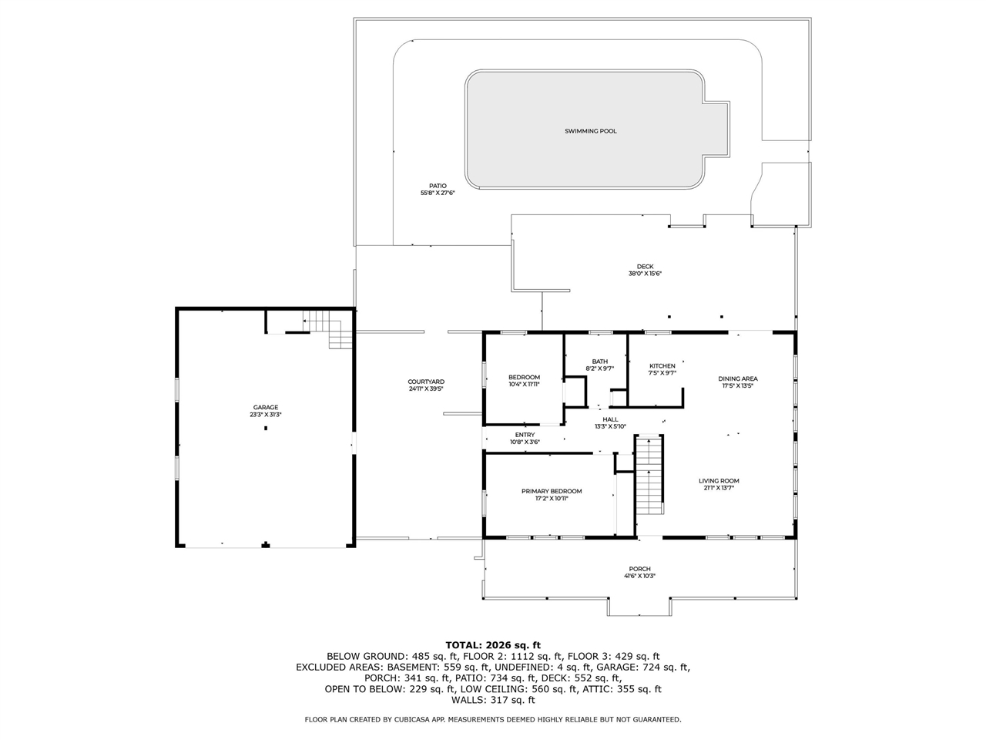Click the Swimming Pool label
(591, 131)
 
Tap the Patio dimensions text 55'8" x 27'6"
(438, 193)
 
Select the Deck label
(646, 267)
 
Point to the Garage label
(266, 407)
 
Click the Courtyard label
(426, 382)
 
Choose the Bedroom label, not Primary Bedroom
(524, 377)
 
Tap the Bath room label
(599, 362)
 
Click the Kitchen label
(662, 366)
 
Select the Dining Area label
(738, 378)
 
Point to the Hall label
(610, 419)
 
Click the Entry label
(525, 435)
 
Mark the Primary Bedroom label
(552, 491)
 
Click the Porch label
(639, 569)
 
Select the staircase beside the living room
(649, 476)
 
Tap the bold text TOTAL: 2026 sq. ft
(493, 644)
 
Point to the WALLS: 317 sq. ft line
(493, 700)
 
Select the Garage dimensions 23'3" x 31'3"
(266, 415)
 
